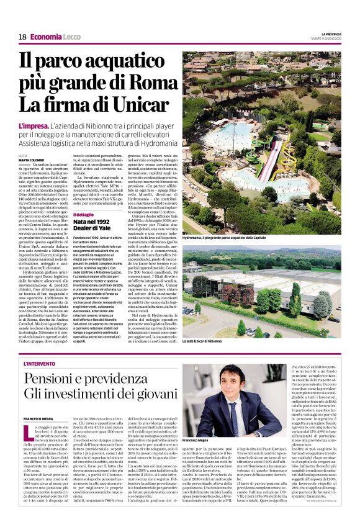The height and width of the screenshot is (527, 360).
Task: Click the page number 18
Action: pos(22,37)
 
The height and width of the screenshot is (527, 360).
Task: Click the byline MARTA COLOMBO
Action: pos(30,160)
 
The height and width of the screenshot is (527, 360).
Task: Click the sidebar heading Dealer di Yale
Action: pos(96,229)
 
